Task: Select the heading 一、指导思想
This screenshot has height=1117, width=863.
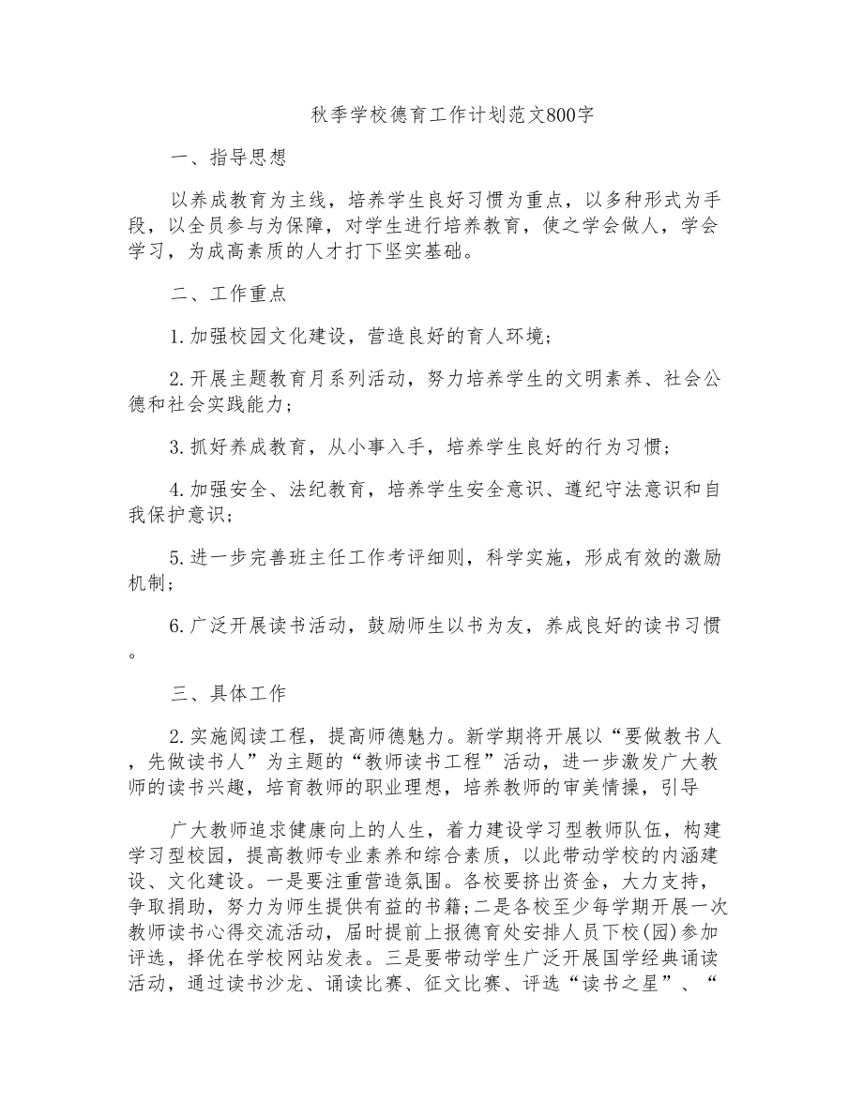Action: tap(228, 158)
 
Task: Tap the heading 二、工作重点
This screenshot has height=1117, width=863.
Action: tap(228, 294)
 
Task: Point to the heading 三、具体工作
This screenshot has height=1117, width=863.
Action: tap(228, 694)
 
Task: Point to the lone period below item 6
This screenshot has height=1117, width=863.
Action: tap(131, 655)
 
